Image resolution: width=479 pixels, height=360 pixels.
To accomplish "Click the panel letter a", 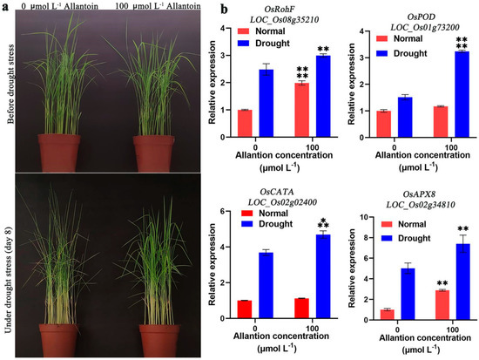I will point(5,8).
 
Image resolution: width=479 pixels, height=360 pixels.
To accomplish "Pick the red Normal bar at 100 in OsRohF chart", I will point(301,109).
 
